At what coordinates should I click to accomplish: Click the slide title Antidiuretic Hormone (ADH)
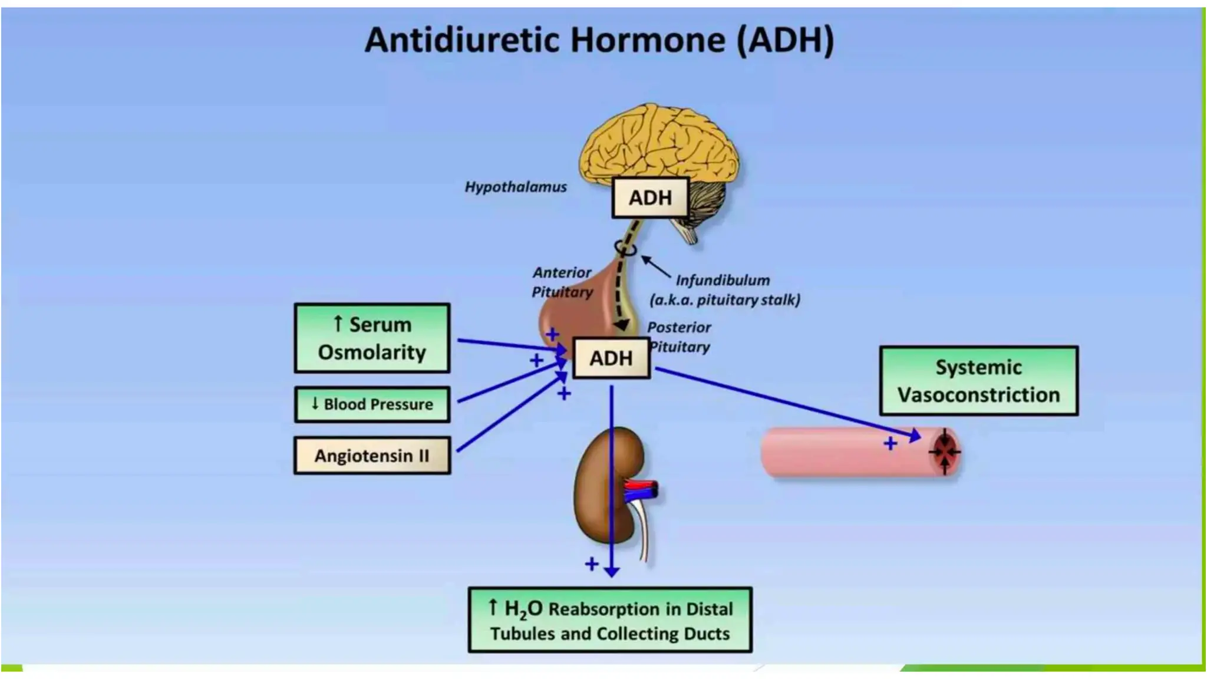pyautogui.click(x=599, y=40)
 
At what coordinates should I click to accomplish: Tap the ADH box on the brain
pyautogui.click(x=650, y=197)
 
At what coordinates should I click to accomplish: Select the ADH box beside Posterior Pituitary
pyautogui.click(x=611, y=358)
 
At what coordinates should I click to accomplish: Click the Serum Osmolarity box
pyautogui.click(x=372, y=338)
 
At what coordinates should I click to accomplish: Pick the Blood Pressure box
pyautogui.click(x=372, y=404)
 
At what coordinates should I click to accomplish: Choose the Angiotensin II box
pyautogui.click(x=372, y=456)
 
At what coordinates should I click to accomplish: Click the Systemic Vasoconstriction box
pyautogui.click(x=978, y=381)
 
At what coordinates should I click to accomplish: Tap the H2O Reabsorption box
pyautogui.click(x=610, y=620)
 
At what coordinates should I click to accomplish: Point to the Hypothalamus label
pyautogui.click(x=516, y=187)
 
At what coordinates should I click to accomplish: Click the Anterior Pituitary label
pyautogui.click(x=562, y=282)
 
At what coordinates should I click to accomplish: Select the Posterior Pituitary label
pyautogui.click(x=679, y=337)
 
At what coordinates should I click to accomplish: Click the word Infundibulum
pyautogui.click(x=723, y=280)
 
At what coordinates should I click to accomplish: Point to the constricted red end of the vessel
pyautogui.click(x=945, y=453)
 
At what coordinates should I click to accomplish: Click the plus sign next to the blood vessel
pyautogui.click(x=890, y=443)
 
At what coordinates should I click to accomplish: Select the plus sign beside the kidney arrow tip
pyautogui.click(x=592, y=564)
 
